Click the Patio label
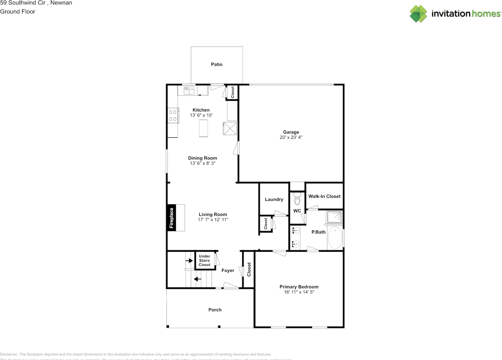(216, 64)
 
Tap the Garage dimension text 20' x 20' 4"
(291, 138)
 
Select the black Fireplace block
(171, 218)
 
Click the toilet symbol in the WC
(297, 199)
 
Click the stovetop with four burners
(173, 115)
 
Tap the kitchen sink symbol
(189, 91)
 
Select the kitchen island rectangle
(204, 128)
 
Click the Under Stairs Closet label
(204, 260)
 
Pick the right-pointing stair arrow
(189, 260)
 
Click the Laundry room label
(274, 199)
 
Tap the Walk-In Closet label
(324, 196)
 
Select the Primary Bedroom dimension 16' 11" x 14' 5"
(299, 292)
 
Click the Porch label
(215, 310)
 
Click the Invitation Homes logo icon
(418, 14)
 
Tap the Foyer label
(228, 271)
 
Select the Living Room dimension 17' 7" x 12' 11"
(213, 220)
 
